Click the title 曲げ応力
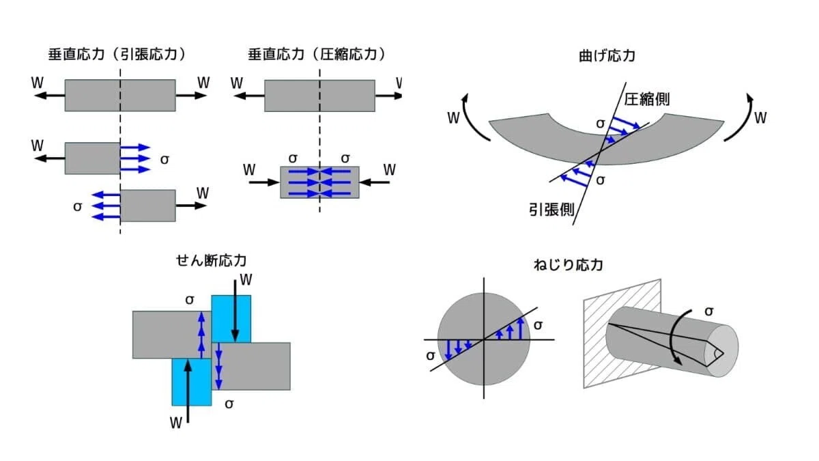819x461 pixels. point(607,56)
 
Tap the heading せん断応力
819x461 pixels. point(211,260)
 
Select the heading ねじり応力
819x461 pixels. point(568,264)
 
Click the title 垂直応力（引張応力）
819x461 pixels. point(117,55)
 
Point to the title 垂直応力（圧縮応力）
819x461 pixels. point(317,55)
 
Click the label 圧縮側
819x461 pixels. point(646,100)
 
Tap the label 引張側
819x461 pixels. point(551,210)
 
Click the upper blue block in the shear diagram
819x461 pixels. point(231,319)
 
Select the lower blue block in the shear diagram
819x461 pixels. point(192,382)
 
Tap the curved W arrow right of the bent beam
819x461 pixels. point(743,119)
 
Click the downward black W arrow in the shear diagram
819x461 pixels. point(235,310)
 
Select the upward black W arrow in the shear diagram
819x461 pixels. point(188,391)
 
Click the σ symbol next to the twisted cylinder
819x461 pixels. point(709,311)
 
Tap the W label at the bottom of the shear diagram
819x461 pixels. point(176,423)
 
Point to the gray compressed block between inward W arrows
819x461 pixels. point(319,182)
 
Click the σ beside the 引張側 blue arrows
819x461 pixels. point(601,180)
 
